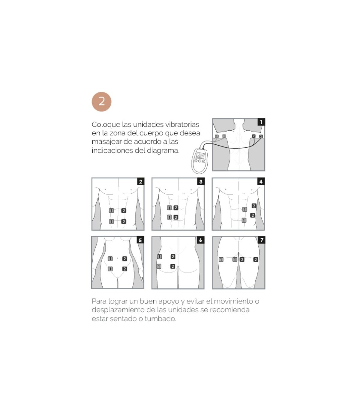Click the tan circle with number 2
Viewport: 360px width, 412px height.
pos(101,102)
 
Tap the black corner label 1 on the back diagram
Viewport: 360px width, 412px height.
pos(261,122)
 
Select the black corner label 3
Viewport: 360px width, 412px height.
pos(201,181)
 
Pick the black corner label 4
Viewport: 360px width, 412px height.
pos(261,181)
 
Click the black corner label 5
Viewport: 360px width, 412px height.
pos(140,240)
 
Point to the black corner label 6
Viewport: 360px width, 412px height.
pos(200,240)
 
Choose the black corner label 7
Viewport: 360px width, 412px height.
pos(262,240)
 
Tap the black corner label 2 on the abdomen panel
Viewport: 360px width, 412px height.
pos(141,181)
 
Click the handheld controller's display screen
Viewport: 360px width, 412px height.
pos(200,156)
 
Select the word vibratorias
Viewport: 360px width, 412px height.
pos(182,124)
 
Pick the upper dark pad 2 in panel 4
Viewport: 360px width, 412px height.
pos(254,206)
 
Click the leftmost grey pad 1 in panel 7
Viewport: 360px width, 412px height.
pos(221,259)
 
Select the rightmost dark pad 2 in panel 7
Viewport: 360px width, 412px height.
pos(256,259)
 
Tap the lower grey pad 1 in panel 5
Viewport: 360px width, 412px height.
pos(110,269)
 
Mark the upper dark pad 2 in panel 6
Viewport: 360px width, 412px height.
pos(173,256)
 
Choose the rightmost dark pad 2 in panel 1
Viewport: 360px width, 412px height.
pos(261,136)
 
